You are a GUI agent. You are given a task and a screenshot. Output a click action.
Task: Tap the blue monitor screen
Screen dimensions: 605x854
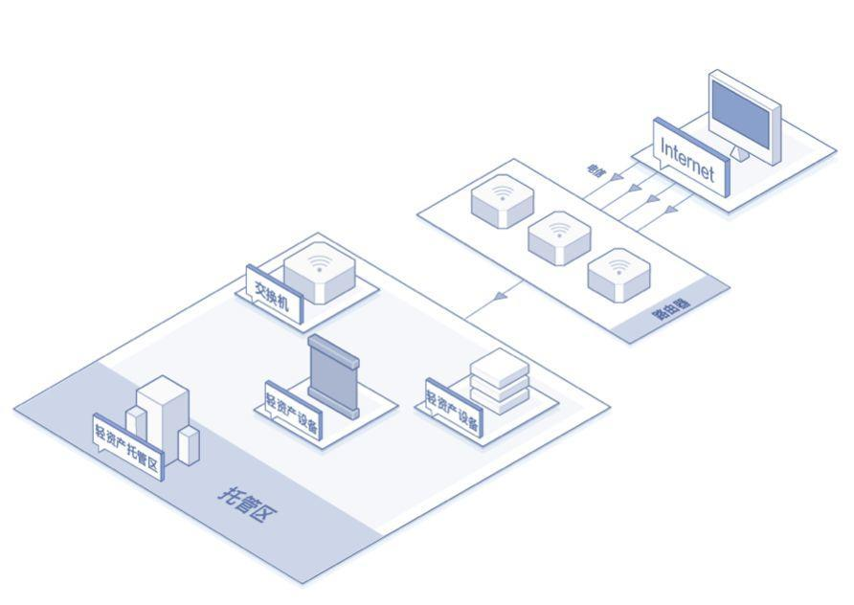(x=742, y=113)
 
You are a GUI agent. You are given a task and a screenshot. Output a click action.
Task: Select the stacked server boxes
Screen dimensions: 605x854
(x=500, y=381)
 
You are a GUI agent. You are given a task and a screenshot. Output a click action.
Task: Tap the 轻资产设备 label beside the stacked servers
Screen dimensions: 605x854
(x=452, y=410)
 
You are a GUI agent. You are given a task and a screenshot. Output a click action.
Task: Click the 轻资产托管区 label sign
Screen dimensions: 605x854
(x=128, y=445)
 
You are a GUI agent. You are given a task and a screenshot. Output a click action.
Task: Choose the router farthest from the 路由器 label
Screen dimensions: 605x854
(x=502, y=200)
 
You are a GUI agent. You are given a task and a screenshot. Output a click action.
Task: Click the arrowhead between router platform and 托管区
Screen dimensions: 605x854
(x=500, y=299)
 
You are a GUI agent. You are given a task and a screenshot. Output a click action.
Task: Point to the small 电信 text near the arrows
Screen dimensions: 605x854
(x=596, y=169)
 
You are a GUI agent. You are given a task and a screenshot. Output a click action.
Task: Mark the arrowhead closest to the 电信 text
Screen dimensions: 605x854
(x=618, y=178)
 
